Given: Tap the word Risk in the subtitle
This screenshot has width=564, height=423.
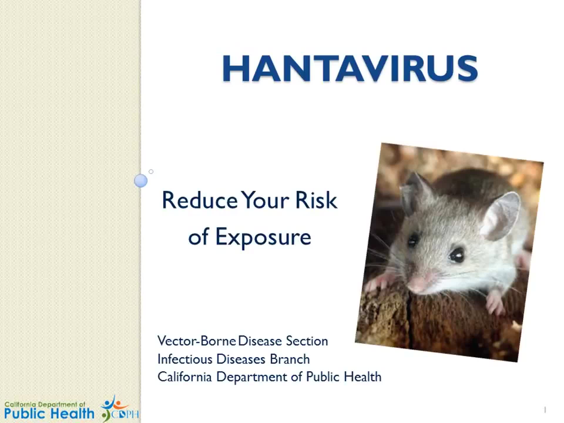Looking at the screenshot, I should [316, 200].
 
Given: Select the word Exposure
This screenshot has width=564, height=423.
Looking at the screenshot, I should [263, 237].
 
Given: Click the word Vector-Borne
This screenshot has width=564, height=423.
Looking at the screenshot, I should [196, 341].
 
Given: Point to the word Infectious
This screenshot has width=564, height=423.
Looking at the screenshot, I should [184, 359].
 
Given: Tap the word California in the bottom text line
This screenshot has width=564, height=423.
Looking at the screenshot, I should [184, 377].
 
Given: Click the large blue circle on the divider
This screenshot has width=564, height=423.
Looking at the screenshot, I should [141, 180].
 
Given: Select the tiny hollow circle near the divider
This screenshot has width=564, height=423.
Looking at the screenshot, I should [151, 172].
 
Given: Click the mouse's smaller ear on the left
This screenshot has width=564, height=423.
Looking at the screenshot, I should [414, 191].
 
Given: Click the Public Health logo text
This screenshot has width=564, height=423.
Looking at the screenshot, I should [49, 413].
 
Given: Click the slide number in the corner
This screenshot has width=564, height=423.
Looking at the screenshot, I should [545, 409].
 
